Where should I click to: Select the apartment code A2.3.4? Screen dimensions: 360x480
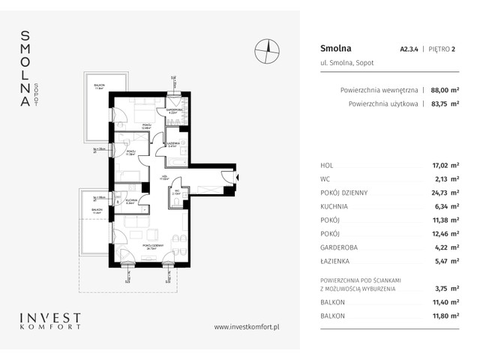(x=409, y=49)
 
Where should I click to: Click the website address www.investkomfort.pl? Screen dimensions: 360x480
(x=247, y=327)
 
